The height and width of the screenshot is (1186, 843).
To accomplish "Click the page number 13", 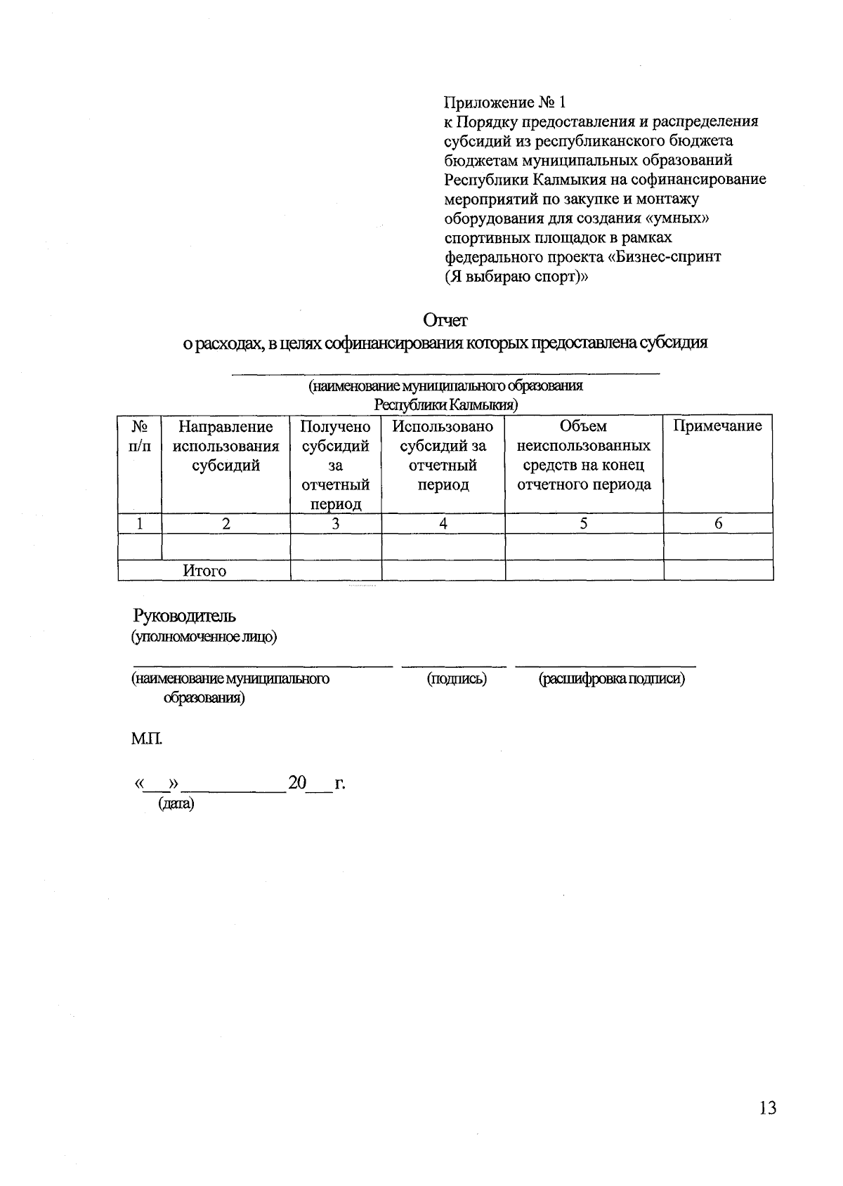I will pyautogui.click(x=767, y=1108).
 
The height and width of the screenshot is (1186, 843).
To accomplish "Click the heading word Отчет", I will pyautogui.click(x=445, y=320).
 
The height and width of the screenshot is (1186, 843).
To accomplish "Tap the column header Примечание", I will pyautogui.click(x=717, y=426).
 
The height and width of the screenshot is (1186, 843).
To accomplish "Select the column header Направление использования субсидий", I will pyautogui.click(x=226, y=446).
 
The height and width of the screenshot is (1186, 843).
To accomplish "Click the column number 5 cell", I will pyautogui.click(x=584, y=523).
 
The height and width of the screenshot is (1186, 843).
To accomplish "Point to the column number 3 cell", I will pyautogui.click(x=336, y=523).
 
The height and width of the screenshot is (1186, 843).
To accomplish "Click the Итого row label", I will pyautogui.click(x=204, y=571).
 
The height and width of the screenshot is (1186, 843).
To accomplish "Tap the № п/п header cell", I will pyautogui.click(x=140, y=436).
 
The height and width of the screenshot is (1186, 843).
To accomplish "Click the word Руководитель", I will pyautogui.click(x=185, y=616).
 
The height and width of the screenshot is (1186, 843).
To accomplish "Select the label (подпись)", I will pyautogui.click(x=457, y=679).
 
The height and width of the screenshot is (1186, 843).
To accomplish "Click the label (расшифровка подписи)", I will pyautogui.click(x=611, y=679).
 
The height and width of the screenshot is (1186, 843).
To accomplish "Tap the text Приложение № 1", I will pyautogui.click(x=504, y=103).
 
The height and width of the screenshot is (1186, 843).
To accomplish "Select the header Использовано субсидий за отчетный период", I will pyautogui.click(x=443, y=455).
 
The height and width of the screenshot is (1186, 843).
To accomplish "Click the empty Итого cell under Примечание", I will pyautogui.click(x=717, y=570).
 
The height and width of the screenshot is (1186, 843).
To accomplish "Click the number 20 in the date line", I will pyautogui.click(x=297, y=783).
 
